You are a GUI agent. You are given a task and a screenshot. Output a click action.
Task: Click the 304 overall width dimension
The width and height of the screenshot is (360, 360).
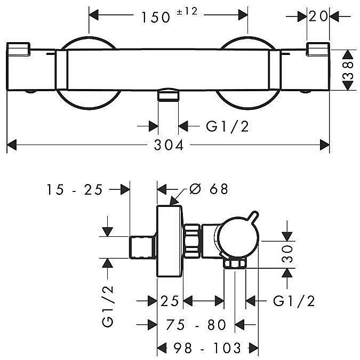coord(169,145)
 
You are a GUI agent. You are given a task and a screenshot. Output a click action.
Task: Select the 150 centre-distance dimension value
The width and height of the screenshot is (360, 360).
coord(156,17)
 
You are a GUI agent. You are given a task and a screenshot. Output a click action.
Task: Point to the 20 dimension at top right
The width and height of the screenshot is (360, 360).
coord(318,17)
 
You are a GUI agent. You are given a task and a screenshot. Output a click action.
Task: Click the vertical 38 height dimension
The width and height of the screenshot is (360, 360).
coord(348,70)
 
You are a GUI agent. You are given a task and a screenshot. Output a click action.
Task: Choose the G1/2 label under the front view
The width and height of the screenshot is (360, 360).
coord(227,126)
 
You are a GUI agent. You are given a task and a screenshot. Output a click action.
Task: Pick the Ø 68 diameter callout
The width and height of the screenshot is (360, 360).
coord(210,189)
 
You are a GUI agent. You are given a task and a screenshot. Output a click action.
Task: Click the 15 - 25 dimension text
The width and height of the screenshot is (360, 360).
coord(75,189)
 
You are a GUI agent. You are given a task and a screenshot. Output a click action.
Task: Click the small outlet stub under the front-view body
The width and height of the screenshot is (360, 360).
coord(168,95)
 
